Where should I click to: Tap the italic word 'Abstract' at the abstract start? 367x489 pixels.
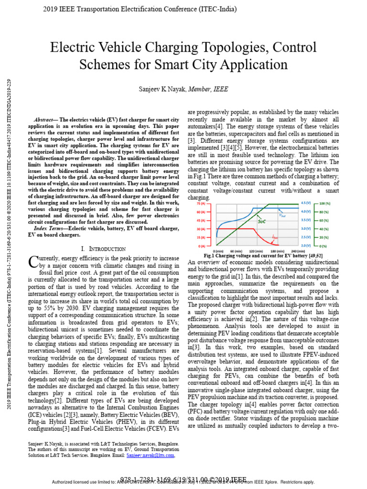44,119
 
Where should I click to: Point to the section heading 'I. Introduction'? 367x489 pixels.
104,249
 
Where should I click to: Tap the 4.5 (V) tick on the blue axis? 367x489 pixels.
306,203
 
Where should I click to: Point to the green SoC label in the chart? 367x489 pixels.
262,222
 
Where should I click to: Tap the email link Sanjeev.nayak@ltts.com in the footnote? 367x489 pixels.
151,456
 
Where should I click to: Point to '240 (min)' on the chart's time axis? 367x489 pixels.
298,251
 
